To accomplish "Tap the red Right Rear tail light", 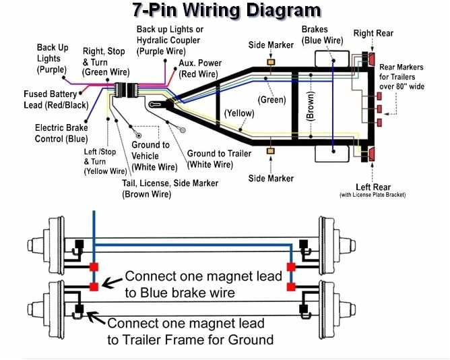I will click(371, 61).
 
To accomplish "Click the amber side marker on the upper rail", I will click(271, 62).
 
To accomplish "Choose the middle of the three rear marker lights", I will click(379, 109).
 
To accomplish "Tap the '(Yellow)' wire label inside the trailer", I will click(239, 113).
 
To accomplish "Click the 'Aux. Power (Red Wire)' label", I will click(200, 68).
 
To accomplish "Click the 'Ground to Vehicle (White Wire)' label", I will click(154, 156).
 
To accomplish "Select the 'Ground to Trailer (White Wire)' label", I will click(219, 158).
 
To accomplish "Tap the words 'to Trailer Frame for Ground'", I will click(191, 339).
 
